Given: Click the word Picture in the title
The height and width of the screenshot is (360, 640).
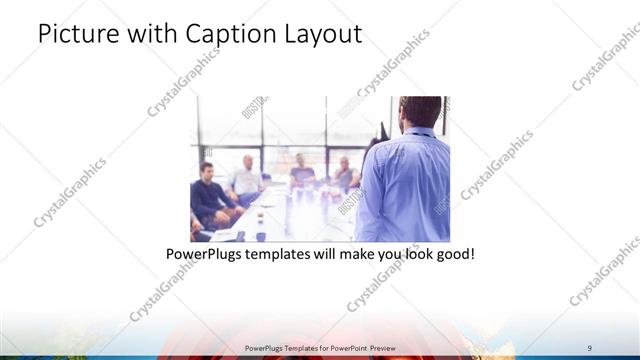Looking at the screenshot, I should click(73, 34).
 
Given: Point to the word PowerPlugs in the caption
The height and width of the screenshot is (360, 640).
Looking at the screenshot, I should click(204, 255).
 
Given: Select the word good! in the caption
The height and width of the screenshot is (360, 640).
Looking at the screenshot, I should click(452, 255).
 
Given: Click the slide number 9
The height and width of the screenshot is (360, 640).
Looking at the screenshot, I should click(590, 345).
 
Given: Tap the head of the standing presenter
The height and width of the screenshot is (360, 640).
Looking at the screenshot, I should click(414, 113).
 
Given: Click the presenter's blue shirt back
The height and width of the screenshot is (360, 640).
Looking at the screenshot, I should click(405, 185).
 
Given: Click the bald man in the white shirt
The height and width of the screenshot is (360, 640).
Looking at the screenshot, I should click(245, 178).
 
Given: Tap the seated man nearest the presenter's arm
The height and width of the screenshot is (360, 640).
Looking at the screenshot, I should click(345, 175).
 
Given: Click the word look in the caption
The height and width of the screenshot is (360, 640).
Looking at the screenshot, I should click(408, 255).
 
